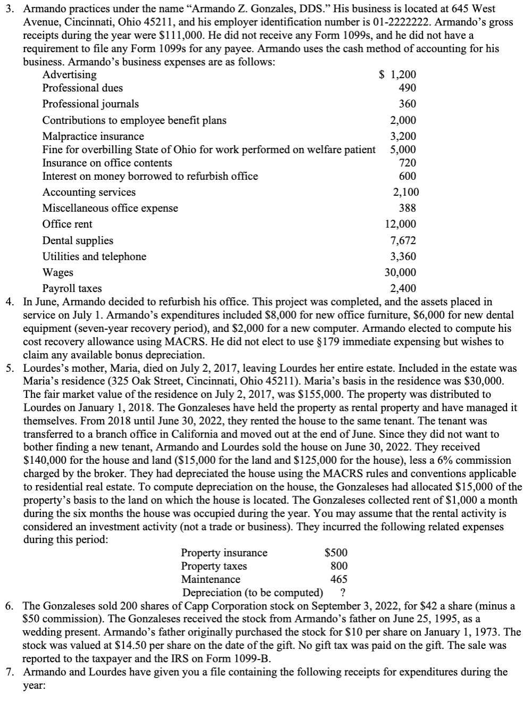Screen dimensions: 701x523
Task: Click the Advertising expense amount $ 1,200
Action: click(x=397, y=75)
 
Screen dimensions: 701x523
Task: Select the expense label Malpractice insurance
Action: click(x=93, y=136)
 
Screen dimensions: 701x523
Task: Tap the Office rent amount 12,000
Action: click(x=400, y=224)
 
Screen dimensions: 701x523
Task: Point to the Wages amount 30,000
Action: click(x=400, y=272)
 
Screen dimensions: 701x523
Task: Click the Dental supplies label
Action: click(x=78, y=240)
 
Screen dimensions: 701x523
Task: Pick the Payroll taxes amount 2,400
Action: click(x=403, y=289)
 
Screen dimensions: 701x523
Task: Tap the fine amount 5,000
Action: click(x=403, y=149)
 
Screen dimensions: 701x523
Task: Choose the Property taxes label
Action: click(x=214, y=566)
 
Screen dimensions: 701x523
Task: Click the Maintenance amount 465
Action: click(x=339, y=579)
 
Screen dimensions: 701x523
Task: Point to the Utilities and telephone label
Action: click(x=94, y=256)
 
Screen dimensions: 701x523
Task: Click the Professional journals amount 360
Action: click(x=407, y=104)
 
